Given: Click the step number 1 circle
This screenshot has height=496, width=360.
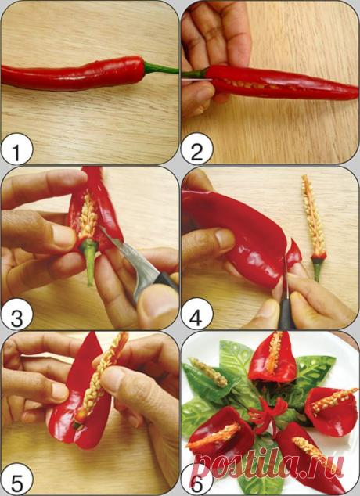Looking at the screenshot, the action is click(x=16, y=149).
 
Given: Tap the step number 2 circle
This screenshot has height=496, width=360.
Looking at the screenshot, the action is click(x=196, y=149).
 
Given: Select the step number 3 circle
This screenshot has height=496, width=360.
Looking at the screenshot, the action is click(x=16, y=314).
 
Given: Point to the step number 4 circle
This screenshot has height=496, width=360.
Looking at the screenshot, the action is click(x=196, y=314).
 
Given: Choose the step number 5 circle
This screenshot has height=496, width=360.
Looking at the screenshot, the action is click(x=16, y=480).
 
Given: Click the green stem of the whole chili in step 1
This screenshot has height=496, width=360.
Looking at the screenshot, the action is click(x=160, y=68).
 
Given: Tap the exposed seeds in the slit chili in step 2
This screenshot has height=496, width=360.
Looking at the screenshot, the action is click(x=250, y=84).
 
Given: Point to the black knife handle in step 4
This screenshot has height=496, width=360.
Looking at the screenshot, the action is click(x=286, y=313).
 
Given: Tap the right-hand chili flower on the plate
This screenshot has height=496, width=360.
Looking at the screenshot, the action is click(x=330, y=407).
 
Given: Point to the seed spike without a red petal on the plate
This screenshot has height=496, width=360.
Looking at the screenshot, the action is click(x=208, y=372).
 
